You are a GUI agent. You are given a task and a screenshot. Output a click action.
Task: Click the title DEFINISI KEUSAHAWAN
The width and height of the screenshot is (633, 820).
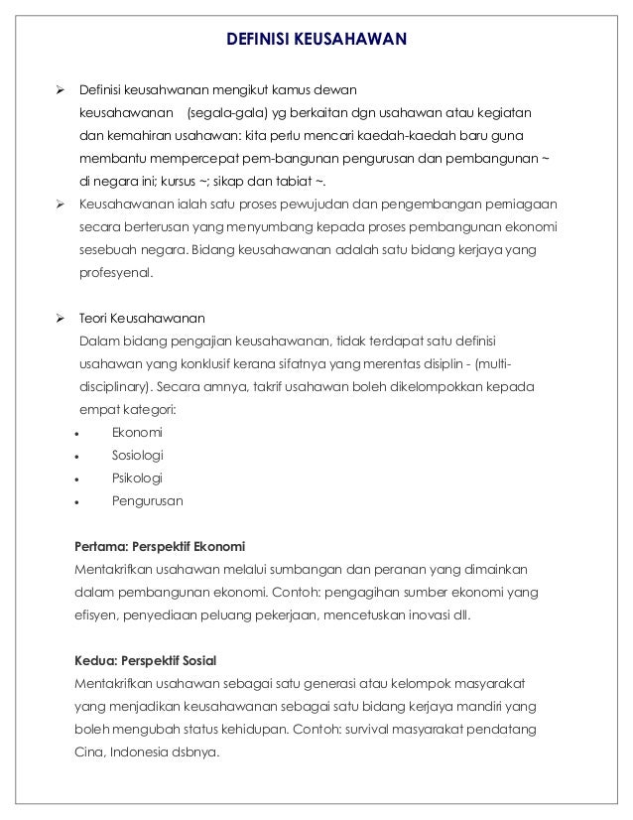(316, 40)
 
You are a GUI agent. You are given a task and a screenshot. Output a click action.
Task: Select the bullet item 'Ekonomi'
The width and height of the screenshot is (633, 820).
(138, 433)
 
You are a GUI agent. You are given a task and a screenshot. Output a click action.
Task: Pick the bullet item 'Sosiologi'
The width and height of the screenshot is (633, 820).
(139, 456)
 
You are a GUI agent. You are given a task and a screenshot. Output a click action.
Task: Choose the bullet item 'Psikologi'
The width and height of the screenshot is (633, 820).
(137, 478)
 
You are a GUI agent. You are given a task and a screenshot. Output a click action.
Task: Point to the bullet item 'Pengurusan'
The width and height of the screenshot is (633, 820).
(148, 501)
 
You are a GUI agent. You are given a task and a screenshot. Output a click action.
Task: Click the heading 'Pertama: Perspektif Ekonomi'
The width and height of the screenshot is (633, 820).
(160, 547)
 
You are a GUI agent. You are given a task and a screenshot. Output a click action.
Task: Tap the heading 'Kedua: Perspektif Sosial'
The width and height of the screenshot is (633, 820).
(145, 660)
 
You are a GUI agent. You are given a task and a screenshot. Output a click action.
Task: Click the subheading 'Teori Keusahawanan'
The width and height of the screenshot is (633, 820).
(142, 319)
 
